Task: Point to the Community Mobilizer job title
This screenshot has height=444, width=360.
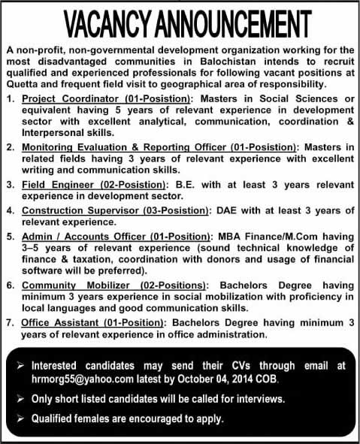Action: click(x=77, y=287)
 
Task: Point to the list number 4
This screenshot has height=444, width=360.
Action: click(x=11, y=210)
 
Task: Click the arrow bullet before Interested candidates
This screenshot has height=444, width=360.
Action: click(x=20, y=366)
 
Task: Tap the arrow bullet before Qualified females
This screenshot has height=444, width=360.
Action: click(x=20, y=418)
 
